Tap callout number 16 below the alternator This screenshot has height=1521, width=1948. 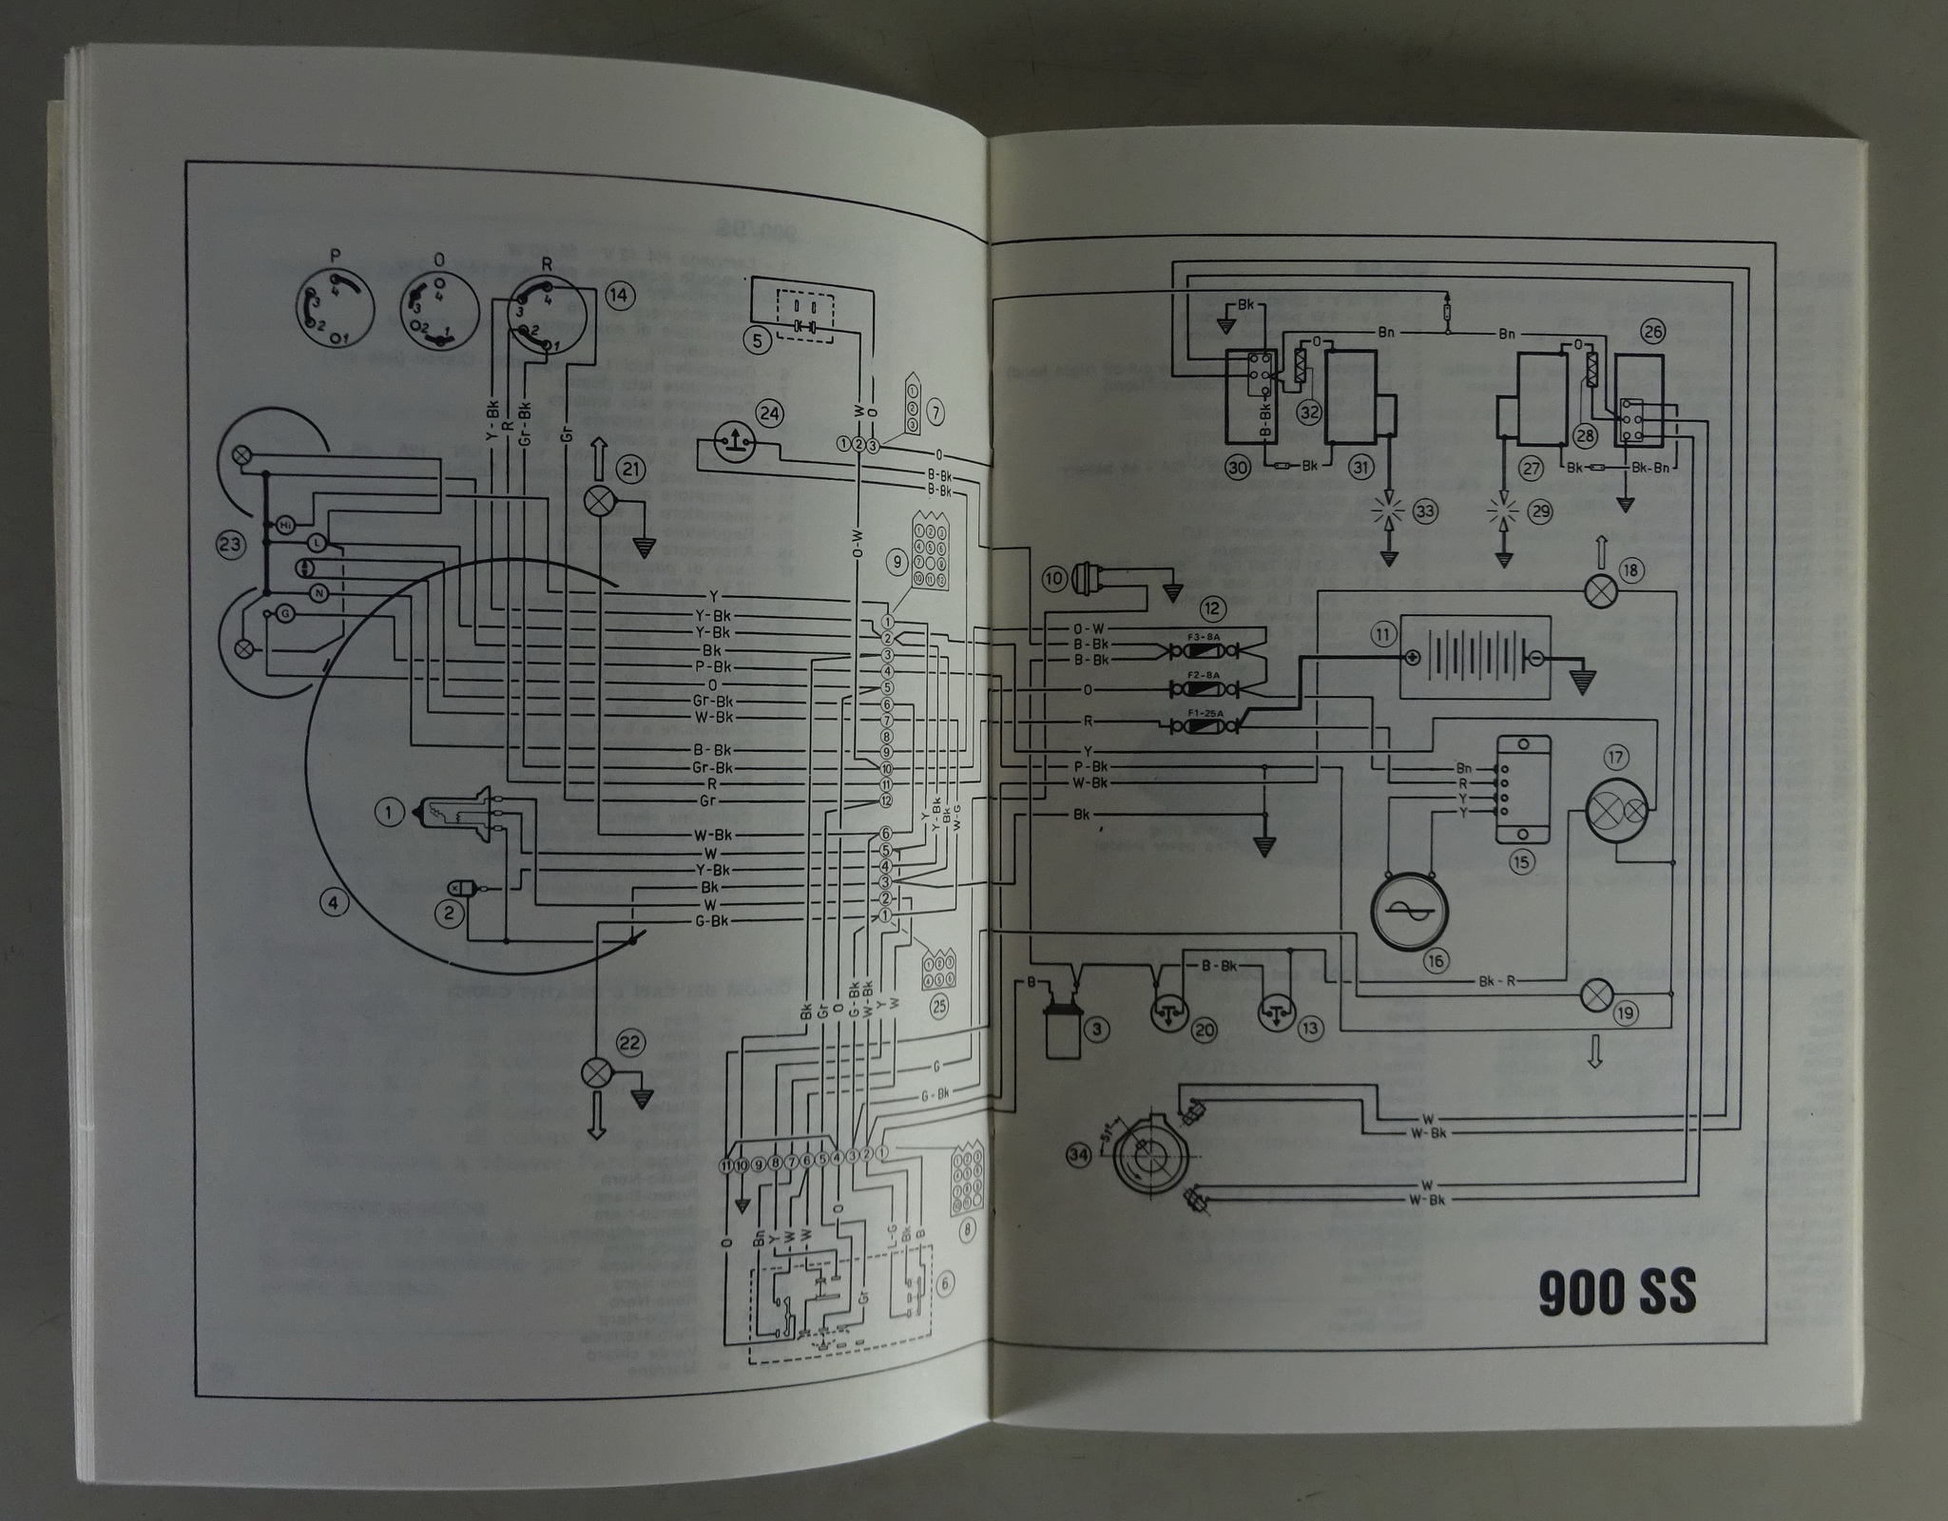1435,961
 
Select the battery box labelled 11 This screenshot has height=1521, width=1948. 1473,657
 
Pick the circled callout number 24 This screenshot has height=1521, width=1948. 768,414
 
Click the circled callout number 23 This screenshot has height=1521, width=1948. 231,544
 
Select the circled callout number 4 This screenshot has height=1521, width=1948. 333,902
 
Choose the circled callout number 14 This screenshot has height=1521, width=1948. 619,296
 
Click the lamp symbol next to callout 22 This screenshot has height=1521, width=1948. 595,1072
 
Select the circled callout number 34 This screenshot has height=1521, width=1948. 1078,1155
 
